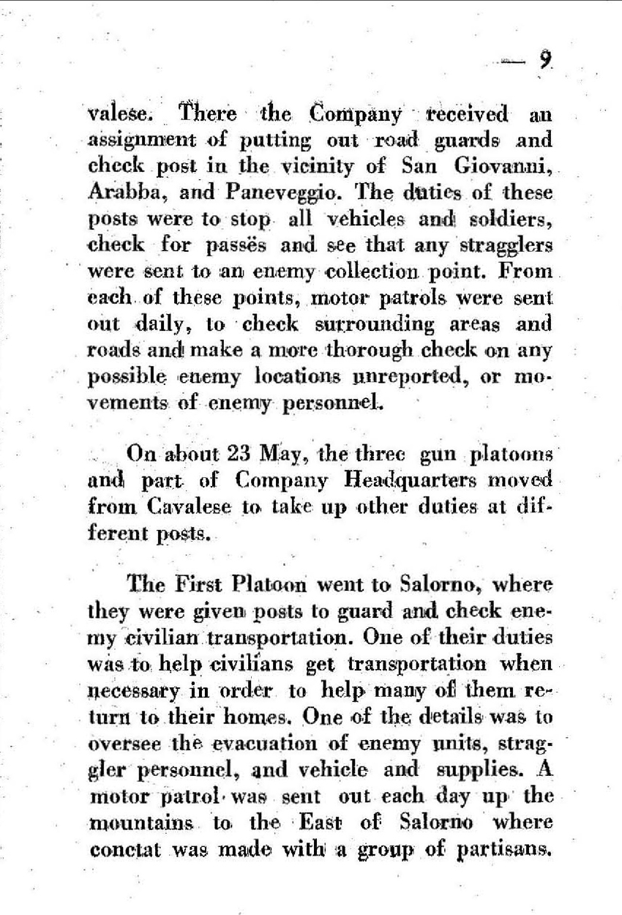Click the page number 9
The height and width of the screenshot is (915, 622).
point(543,59)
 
